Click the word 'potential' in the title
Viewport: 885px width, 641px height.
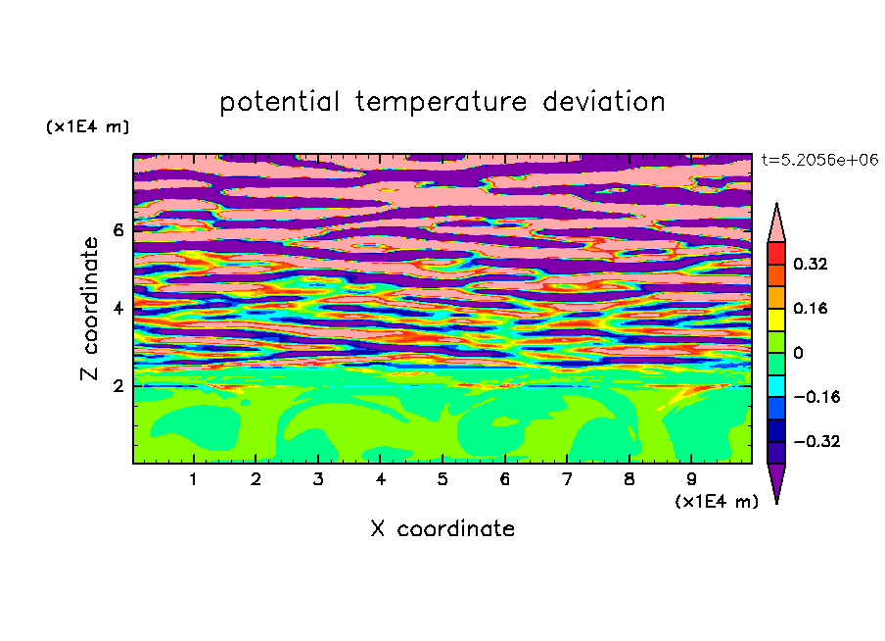[279, 103]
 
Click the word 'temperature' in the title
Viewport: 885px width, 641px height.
[442, 103]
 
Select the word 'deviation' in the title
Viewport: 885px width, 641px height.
[604, 102]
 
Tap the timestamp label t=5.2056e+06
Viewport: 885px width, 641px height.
[819, 160]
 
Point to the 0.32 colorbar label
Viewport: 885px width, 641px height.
[810, 264]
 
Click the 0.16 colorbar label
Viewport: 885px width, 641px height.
[810, 308]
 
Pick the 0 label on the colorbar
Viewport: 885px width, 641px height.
[798, 353]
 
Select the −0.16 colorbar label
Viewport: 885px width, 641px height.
[816, 397]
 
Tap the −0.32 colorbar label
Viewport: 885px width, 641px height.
[816, 441]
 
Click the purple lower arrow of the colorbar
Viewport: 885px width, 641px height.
[776, 481]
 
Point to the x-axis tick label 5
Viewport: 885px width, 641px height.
[442, 479]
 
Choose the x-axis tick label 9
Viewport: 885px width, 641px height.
[691, 479]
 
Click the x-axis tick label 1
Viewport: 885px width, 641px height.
[194, 479]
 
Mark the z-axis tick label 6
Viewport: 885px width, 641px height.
[117, 230]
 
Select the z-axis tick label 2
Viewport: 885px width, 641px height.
[117, 386]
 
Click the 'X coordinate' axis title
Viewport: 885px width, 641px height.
[442, 528]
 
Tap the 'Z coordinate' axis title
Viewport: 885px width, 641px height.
[90, 309]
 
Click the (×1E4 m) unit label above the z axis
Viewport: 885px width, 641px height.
[87, 126]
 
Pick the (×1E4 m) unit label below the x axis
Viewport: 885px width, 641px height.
[717, 501]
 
